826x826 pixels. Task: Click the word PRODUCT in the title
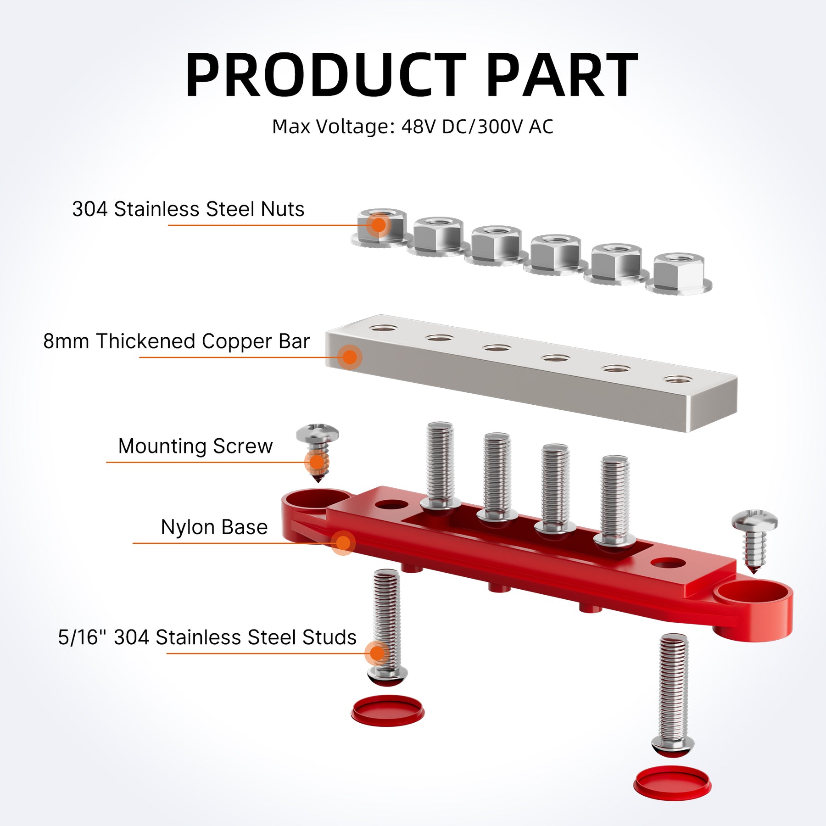(x=326, y=76)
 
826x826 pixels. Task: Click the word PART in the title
(x=562, y=76)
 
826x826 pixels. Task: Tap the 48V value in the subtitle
(x=419, y=127)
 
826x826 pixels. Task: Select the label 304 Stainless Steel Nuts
(x=188, y=209)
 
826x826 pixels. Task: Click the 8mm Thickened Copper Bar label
(x=177, y=341)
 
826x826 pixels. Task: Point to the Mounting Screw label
(x=195, y=446)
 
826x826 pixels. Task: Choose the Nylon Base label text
(x=214, y=527)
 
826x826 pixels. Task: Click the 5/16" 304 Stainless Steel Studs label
(x=207, y=637)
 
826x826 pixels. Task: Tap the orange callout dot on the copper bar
(x=350, y=357)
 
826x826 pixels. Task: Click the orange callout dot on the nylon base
(x=343, y=543)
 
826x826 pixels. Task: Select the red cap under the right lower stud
(x=672, y=783)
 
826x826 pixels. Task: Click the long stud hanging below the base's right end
(x=673, y=693)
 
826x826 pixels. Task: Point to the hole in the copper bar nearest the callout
(x=384, y=329)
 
